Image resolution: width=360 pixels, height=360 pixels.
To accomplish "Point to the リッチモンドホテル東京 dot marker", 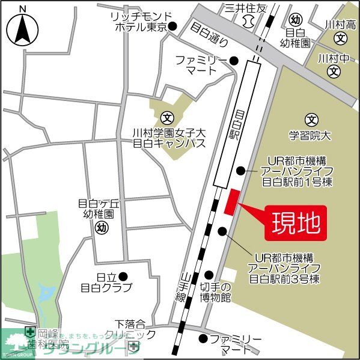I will click(x=172, y=26).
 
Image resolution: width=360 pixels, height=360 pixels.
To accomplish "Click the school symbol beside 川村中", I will click(x=334, y=72).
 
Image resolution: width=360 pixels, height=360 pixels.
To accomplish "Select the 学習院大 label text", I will click(x=310, y=136).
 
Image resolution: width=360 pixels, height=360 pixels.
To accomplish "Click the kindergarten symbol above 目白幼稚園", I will click(x=294, y=19).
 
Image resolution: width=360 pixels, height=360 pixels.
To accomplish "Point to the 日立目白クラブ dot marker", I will click(x=123, y=276).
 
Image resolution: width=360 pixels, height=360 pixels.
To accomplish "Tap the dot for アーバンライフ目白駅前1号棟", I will click(x=241, y=170).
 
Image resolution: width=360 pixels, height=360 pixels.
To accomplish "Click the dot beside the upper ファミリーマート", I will click(x=234, y=60).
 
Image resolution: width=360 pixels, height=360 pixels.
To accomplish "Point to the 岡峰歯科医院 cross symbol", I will click(x=29, y=331).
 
